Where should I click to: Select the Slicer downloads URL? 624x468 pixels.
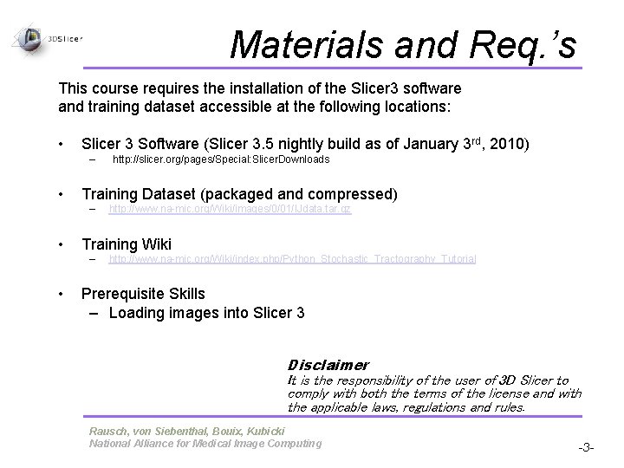[x=222, y=160]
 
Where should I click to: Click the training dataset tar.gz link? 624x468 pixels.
[x=230, y=209]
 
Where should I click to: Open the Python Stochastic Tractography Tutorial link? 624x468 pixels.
[x=292, y=259]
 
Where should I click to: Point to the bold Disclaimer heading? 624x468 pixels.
[x=328, y=365]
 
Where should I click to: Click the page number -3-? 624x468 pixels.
[x=588, y=447]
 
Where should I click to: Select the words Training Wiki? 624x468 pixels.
[x=127, y=244]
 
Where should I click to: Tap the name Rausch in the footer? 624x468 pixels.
[x=108, y=432]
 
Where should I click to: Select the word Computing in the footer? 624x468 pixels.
[x=291, y=444]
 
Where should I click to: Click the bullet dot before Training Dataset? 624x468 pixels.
[x=62, y=192]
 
